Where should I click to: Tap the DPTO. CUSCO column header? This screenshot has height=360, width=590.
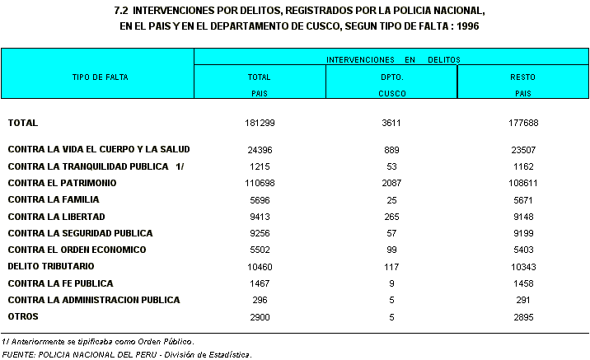point(391,85)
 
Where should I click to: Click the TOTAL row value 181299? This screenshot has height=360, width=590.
point(259,123)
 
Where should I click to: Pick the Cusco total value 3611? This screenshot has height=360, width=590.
point(391,123)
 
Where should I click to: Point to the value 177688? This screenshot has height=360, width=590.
point(522,123)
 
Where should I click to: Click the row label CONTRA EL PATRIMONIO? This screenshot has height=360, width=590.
point(62,183)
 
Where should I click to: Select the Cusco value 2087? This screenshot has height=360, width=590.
point(391,183)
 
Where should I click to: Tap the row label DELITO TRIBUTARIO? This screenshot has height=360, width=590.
point(51,266)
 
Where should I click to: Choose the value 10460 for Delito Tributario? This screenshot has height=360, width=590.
point(259,267)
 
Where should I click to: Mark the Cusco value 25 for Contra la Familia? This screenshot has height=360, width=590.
point(391,199)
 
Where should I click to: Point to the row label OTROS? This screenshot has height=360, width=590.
point(23,316)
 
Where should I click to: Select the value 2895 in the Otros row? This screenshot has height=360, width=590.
point(522,317)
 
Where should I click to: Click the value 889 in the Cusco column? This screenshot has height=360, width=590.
point(391,150)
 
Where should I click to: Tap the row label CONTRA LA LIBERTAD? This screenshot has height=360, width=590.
point(56,217)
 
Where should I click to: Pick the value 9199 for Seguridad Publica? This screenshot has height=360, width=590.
point(522,233)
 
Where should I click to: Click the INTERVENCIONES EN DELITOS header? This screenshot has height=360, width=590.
point(392,60)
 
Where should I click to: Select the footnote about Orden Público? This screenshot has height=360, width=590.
point(98,341)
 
